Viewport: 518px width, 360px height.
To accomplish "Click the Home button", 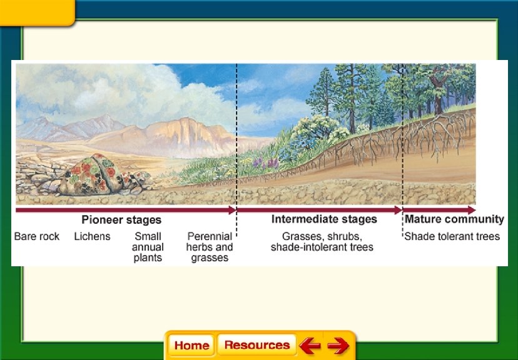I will click(191, 345).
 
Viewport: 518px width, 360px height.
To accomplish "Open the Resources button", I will click(256, 345).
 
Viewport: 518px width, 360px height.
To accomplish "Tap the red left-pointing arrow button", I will click(309, 345).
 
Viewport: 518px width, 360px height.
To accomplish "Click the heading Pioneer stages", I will click(121, 220).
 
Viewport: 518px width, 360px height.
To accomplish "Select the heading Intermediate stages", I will click(324, 219).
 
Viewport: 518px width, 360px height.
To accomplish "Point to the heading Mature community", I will click(454, 219).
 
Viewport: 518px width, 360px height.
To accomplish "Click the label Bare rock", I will click(37, 236).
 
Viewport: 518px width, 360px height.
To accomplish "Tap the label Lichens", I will click(92, 236).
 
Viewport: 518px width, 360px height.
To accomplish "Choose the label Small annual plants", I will click(148, 247).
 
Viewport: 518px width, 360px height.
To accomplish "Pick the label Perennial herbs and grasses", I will click(210, 247).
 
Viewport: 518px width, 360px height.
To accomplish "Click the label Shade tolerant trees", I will click(452, 236).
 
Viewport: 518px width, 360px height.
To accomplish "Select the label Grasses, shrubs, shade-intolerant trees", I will click(322, 242).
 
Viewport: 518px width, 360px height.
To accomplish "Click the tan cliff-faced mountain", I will click(185, 134).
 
